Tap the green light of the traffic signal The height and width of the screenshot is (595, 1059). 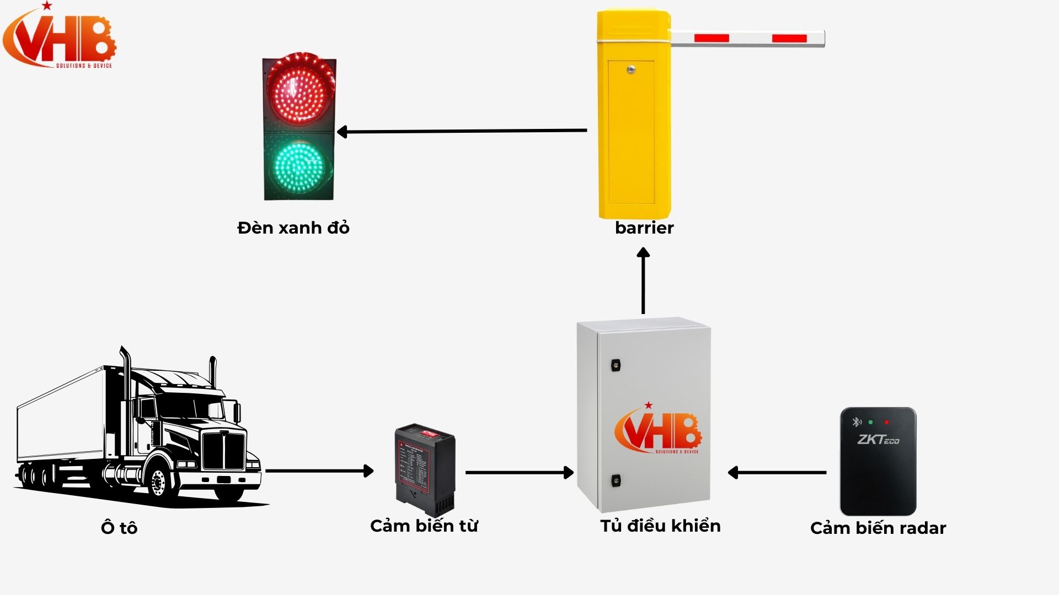click(299, 165)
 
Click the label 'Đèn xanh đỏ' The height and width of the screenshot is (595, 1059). click(293, 228)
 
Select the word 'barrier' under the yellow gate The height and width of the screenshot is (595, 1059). click(644, 228)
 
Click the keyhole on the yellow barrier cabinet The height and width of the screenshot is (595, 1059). click(631, 69)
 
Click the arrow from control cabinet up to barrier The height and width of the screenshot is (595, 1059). click(643, 280)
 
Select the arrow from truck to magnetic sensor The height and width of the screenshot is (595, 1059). click(319, 471)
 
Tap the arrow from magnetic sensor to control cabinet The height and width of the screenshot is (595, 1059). click(519, 472)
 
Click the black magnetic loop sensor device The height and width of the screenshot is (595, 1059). click(425, 468)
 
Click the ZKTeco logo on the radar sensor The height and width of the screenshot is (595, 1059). click(878, 440)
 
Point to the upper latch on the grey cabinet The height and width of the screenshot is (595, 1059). click(616, 365)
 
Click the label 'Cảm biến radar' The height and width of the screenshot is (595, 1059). click(878, 528)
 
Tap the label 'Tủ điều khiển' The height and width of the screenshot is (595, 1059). click(660, 526)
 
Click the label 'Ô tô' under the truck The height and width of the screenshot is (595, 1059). click(119, 528)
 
